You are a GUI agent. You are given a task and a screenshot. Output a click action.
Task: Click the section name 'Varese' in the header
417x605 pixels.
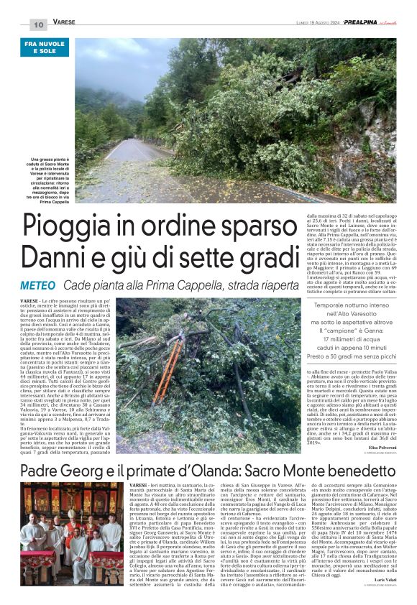tap(64, 23)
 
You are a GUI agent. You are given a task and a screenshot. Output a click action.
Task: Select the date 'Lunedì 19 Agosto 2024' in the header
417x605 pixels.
tap(299, 24)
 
